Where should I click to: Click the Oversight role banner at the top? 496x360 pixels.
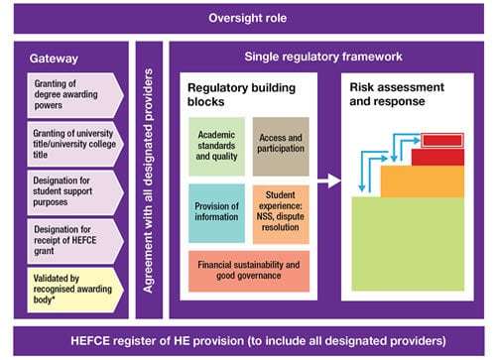248,18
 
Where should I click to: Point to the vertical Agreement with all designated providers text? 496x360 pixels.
149,184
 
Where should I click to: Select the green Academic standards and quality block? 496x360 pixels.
216,146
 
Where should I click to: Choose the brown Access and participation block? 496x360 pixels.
281,146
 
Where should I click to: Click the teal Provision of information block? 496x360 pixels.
216,212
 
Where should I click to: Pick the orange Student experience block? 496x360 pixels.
281,212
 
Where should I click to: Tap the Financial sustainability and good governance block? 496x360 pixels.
249,271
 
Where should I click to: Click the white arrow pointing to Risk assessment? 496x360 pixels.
327,181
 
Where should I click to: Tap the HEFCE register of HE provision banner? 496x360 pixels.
248,340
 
